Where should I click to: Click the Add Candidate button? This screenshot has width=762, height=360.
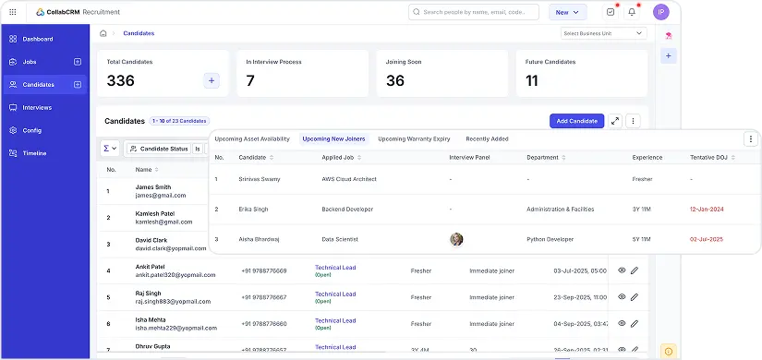(x=576, y=121)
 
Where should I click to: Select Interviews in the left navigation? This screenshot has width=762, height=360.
(x=37, y=107)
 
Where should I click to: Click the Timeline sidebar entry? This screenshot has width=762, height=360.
(x=34, y=153)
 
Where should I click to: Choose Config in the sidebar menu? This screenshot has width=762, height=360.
(x=32, y=130)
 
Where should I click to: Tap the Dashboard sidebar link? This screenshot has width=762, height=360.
(x=38, y=39)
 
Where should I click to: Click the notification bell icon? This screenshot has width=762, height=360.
(x=632, y=12)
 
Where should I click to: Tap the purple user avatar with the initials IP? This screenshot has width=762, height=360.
(x=660, y=12)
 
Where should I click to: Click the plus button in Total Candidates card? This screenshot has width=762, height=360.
(x=212, y=81)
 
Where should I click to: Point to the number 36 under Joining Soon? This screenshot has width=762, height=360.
(x=395, y=81)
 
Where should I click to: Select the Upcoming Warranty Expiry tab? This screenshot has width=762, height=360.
(x=414, y=138)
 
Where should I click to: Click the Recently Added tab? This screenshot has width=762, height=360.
(x=487, y=138)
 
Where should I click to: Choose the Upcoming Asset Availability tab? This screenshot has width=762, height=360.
(x=252, y=138)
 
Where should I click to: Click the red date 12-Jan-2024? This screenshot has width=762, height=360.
(x=706, y=210)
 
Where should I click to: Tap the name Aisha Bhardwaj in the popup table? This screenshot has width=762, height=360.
(x=260, y=239)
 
